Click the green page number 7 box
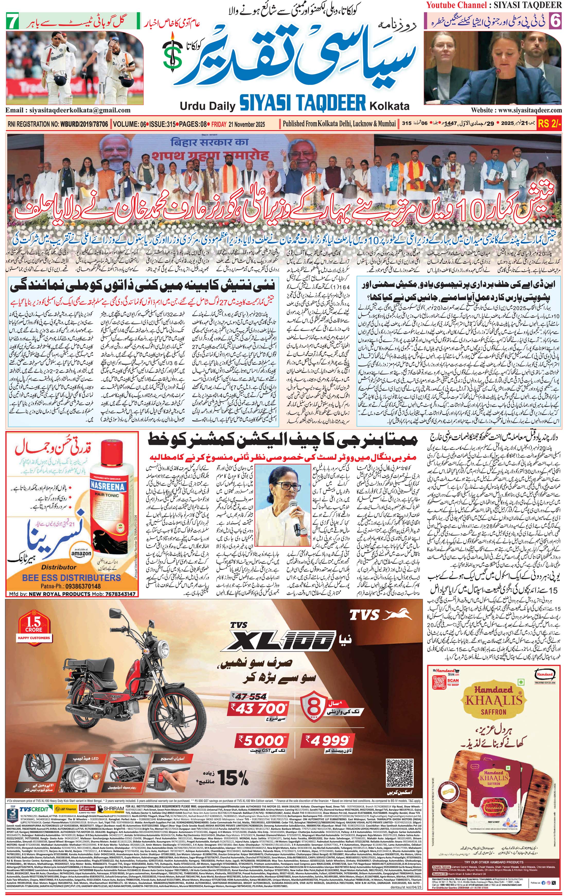pyautogui.click(x=12, y=22)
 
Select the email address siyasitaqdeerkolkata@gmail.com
pyautogui.click(x=68, y=110)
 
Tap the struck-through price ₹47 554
pyautogui.click(x=249, y=697)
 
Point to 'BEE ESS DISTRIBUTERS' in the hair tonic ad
pyautogui.click(x=71, y=578)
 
